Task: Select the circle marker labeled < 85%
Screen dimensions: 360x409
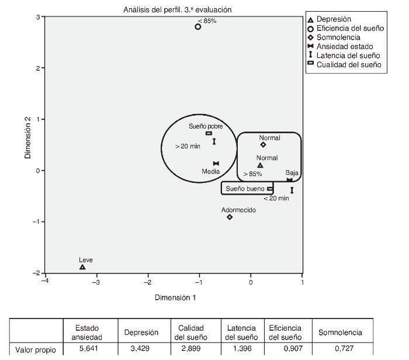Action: coord(198,27)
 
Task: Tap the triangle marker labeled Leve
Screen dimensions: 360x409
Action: coord(82,267)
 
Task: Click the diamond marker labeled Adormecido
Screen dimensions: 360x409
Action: coord(230,217)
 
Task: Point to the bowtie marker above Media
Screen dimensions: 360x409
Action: coord(216,164)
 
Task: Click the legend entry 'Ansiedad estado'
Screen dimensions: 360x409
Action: coord(345,46)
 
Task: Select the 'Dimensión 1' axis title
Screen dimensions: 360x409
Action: coord(175,297)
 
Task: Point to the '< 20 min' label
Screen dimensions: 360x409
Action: coord(276,198)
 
